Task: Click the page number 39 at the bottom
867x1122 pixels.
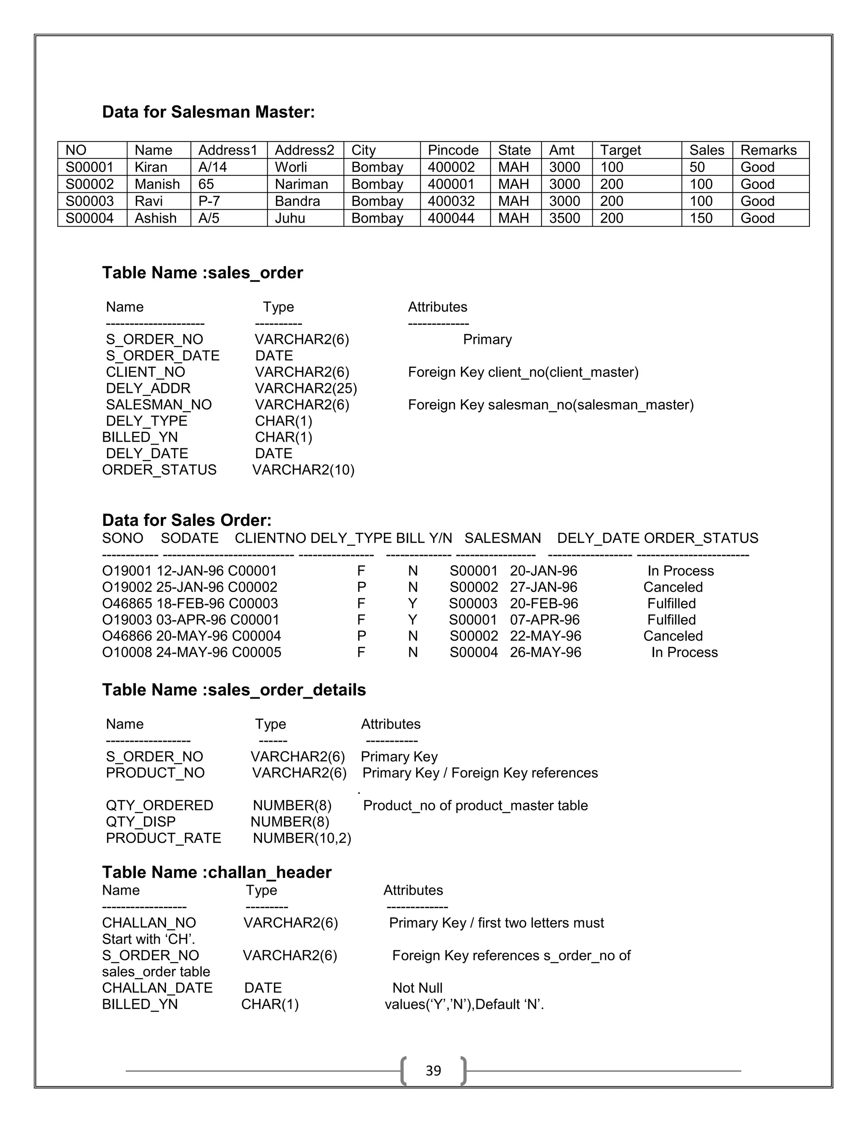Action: [433, 1070]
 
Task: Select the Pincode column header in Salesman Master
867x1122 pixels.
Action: [453, 150]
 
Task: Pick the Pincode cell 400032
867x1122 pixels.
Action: [451, 201]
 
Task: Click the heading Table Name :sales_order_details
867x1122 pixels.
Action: [234, 689]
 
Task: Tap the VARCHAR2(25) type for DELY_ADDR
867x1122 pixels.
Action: [306, 388]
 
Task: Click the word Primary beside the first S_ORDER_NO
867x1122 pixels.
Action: [487, 340]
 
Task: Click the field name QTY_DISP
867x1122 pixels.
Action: [140, 821]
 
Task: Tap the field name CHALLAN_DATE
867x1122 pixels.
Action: [157, 987]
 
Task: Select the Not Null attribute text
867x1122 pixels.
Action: [417, 987]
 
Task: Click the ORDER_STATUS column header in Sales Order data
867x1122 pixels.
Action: [701, 538]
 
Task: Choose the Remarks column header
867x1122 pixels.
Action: [768, 150]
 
